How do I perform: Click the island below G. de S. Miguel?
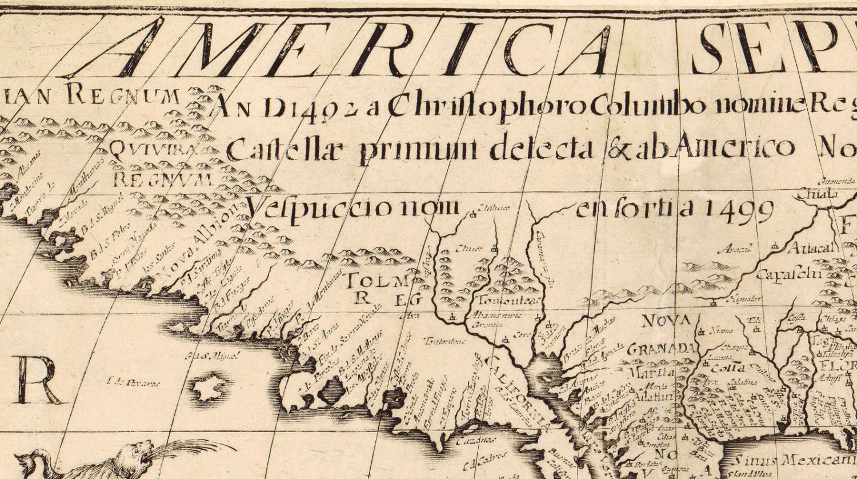coord(210,388)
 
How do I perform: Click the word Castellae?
coord(288,150)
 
